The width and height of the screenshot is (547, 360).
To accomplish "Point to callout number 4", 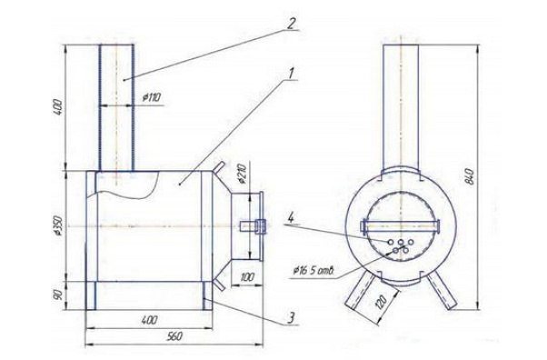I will tap(291, 217).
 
